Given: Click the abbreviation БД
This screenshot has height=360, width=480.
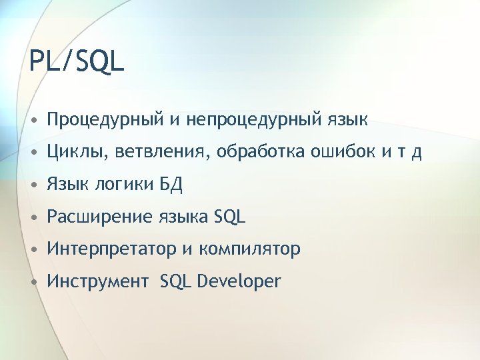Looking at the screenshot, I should [171, 185].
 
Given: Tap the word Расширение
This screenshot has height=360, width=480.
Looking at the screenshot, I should [100, 217].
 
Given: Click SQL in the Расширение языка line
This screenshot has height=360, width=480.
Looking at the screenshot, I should [230, 217].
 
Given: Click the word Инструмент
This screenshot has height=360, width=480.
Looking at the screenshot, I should [98, 281].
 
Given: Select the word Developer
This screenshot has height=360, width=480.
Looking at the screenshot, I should [240, 281].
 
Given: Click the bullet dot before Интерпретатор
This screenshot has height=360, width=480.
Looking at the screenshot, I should [33, 250].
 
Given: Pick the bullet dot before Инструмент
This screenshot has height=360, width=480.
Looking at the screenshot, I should [33, 282].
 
